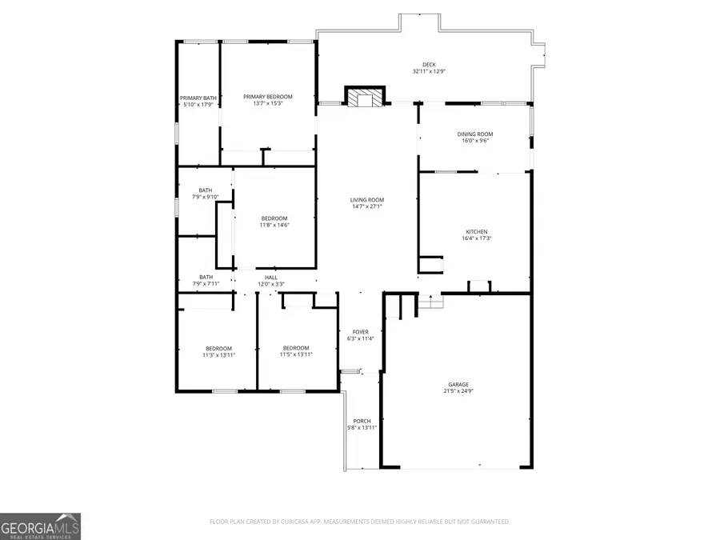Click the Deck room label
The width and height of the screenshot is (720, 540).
point(429,65)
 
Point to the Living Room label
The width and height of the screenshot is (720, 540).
point(367,200)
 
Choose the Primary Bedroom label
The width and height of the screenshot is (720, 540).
point(268,97)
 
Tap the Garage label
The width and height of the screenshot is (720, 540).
point(458,384)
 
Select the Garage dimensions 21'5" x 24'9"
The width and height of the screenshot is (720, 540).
point(458,391)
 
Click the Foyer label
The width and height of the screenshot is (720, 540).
point(361,332)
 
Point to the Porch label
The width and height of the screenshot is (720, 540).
point(362,421)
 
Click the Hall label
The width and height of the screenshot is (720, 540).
point(271,278)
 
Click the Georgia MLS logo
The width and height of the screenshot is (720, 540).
point(40,526)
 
